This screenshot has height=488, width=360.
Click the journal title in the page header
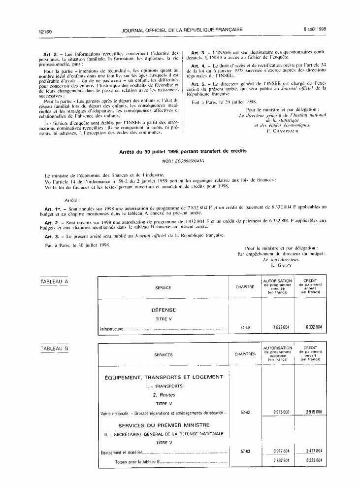(182, 30)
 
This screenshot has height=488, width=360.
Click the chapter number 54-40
(245, 327)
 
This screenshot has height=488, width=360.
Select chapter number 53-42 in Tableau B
(245, 412)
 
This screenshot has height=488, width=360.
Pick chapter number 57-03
(245, 451)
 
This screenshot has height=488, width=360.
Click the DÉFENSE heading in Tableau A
(164, 310)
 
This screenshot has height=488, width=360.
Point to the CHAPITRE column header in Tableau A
(245, 287)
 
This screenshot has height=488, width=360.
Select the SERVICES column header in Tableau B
(164, 354)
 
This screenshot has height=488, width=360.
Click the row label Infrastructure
(113, 328)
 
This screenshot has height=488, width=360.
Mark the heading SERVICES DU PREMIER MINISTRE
(164, 425)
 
